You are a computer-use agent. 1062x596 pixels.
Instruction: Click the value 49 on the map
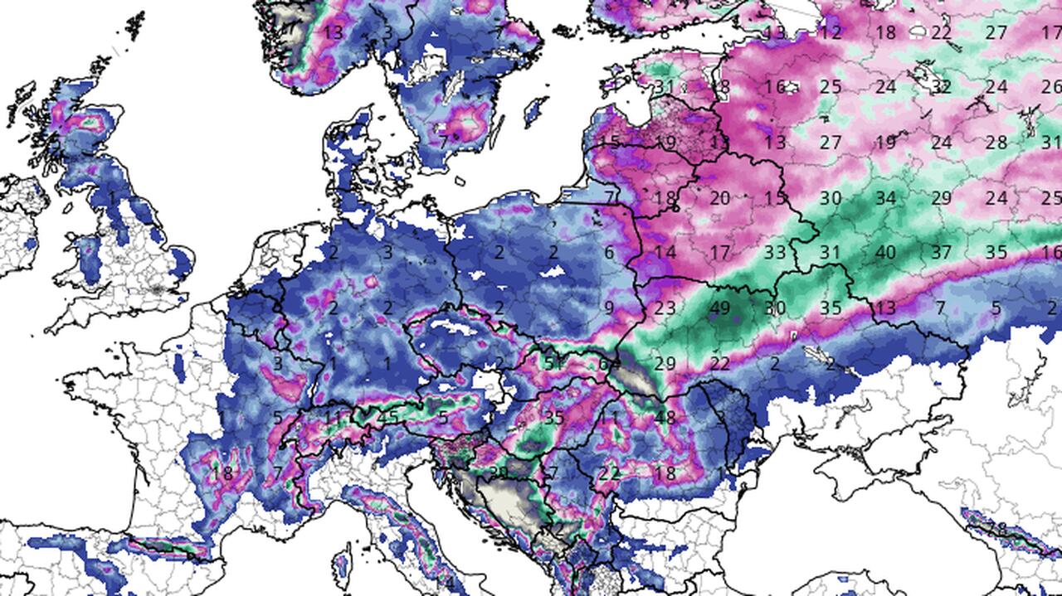(719, 308)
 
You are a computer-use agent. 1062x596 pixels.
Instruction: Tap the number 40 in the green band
(885, 252)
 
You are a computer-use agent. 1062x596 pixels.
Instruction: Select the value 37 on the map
(941, 252)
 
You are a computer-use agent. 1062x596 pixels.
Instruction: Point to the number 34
(885, 198)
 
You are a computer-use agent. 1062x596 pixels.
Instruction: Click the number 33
(775, 252)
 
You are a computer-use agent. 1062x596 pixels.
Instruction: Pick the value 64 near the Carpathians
(609, 363)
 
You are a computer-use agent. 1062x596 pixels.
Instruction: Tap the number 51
(553, 363)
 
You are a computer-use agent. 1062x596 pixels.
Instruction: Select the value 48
(665, 418)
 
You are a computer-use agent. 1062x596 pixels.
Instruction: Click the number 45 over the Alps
(387, 418)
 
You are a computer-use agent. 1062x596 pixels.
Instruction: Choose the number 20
(719, 198)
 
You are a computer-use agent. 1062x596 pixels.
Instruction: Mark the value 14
(665, 252)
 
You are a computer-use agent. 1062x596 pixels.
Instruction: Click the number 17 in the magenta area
(719, 252)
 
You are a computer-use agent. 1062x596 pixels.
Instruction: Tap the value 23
(665, 308)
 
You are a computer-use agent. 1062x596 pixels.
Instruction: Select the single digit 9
(609, 308)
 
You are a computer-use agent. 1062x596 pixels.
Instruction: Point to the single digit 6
(609, 253)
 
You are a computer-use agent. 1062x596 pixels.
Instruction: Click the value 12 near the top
(831, 32)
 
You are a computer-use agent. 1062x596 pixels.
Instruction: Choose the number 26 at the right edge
(1051, 86)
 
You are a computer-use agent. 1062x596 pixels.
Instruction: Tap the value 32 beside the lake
(941, 86)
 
